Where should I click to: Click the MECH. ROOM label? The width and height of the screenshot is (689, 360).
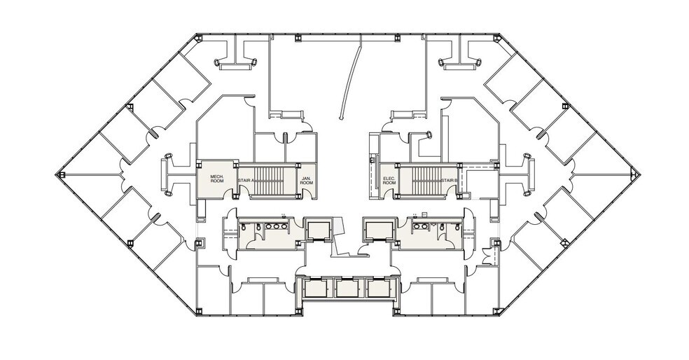[x=217, y=179]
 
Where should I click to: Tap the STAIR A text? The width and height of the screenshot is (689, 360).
[x=246, y=181]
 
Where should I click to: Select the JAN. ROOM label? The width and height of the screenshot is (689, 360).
[x=306, y=180]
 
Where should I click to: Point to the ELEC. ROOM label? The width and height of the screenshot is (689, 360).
[x=389, y=180]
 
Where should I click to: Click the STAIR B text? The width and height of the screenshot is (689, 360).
[x=450, y=180]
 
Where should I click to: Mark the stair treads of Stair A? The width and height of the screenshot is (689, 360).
[x=268, y=180]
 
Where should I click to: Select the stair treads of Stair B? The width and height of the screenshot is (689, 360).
[x=426, y=180]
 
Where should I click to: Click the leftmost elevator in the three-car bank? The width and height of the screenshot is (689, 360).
[x=316, y=289]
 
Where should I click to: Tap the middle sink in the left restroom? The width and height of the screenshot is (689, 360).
[x=275, y=227]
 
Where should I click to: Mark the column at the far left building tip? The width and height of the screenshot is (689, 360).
[x=62, y=174]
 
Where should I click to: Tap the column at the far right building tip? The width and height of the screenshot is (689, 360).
[x=632, y=174]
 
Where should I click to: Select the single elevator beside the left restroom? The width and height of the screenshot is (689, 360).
[x=318, y=230]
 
